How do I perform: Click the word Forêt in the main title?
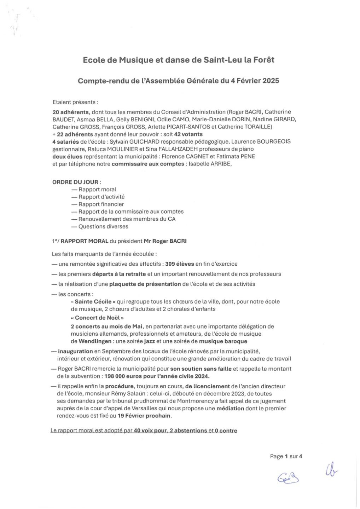tap(262, 60)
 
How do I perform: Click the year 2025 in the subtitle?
tap(271, 81)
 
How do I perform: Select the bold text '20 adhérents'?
tap(70, 112)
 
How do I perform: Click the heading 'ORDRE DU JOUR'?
tap(75, 182)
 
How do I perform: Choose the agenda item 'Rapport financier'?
tap(101, 204)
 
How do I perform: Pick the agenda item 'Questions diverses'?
tap(103, 226)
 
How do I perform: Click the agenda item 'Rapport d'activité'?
tap(101, 197)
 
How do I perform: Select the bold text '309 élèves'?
tap(180, 264)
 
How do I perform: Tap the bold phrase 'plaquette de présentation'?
tap(145, 284)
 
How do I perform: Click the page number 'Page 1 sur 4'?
tap(286, 456)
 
